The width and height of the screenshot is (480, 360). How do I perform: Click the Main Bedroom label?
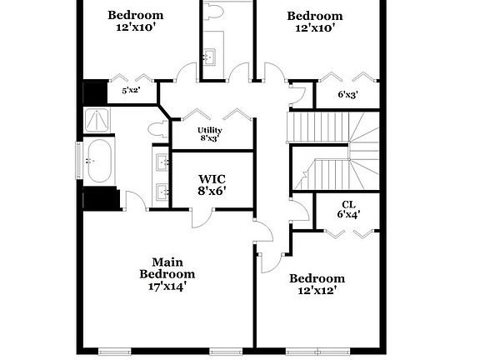click(x=167, y=268)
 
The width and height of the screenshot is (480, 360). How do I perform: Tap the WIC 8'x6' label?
click(x=212, y=185)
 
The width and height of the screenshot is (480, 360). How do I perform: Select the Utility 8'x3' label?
click(x=210, y=134)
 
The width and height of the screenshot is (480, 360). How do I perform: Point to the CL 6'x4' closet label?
click(x=348, y=209)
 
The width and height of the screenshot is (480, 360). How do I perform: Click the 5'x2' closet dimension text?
click(x=132, y=91)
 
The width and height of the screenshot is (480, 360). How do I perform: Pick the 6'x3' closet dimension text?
click(x=348, y=95)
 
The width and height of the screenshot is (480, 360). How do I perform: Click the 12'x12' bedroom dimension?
click(x=317, y=290)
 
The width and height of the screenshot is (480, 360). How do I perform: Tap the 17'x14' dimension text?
click(x=167, y=287)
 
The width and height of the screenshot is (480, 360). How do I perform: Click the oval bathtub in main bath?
click(x=99, y=162)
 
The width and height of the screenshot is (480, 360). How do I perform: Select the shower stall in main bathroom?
click(x=97, y=120)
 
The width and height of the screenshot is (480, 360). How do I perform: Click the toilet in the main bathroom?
click(x=157, y=129)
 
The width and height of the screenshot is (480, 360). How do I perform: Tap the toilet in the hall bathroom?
click(x=213, y=12)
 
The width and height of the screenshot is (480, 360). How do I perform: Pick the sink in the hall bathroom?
click(x=210, y=56)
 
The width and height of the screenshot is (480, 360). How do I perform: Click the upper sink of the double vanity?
click(x=162, y=162)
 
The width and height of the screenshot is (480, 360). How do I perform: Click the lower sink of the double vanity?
click(x=162, y=192)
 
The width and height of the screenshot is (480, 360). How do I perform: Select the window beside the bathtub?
click(x=79, y=160)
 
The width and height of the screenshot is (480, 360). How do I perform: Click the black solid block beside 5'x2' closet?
click(x=95, y=92)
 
